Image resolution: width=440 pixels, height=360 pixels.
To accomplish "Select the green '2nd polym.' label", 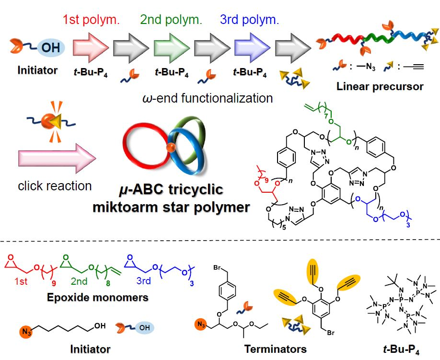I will click(x=171, y=21).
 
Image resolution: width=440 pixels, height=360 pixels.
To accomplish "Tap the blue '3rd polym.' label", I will click(x=249, y=21).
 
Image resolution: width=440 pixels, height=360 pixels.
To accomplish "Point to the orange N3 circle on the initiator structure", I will click(x=25, y=330).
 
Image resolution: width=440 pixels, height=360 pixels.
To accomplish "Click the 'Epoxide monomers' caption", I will click(x=97, y=297).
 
